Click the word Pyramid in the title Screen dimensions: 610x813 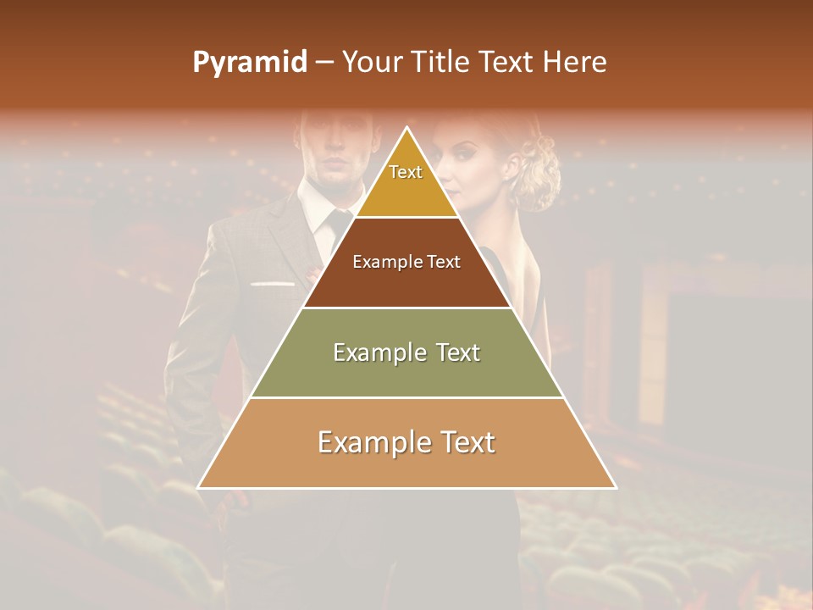249,63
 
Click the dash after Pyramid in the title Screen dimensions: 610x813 324,63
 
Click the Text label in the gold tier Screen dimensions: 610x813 406,172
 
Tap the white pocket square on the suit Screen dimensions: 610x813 269,283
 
